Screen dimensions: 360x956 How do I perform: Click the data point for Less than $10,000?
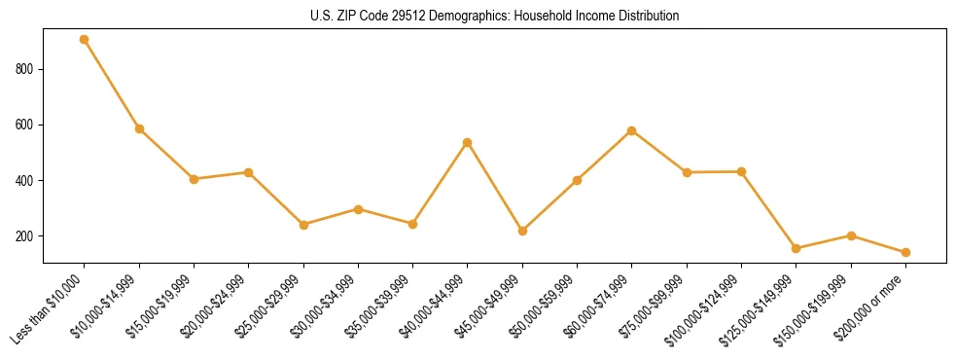point(85,40)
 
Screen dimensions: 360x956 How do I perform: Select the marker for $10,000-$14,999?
point(139,128)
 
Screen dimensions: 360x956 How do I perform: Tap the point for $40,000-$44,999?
point(468,142)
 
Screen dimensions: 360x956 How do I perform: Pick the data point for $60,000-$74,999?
point(632,130)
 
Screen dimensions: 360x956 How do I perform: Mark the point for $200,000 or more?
point(905,252)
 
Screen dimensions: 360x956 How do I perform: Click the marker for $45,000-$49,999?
point(522,231)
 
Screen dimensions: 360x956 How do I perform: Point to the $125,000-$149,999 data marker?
point(796,248)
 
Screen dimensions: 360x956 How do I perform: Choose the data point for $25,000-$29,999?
point(303,225)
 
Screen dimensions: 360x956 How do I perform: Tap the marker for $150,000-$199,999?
point(851,235)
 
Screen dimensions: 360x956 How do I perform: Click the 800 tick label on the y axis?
point(26,69)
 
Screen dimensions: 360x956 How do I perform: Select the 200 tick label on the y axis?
point(26,236)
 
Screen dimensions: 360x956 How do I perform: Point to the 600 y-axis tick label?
point(26,125)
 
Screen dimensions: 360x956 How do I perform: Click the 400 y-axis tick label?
point(26,181)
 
